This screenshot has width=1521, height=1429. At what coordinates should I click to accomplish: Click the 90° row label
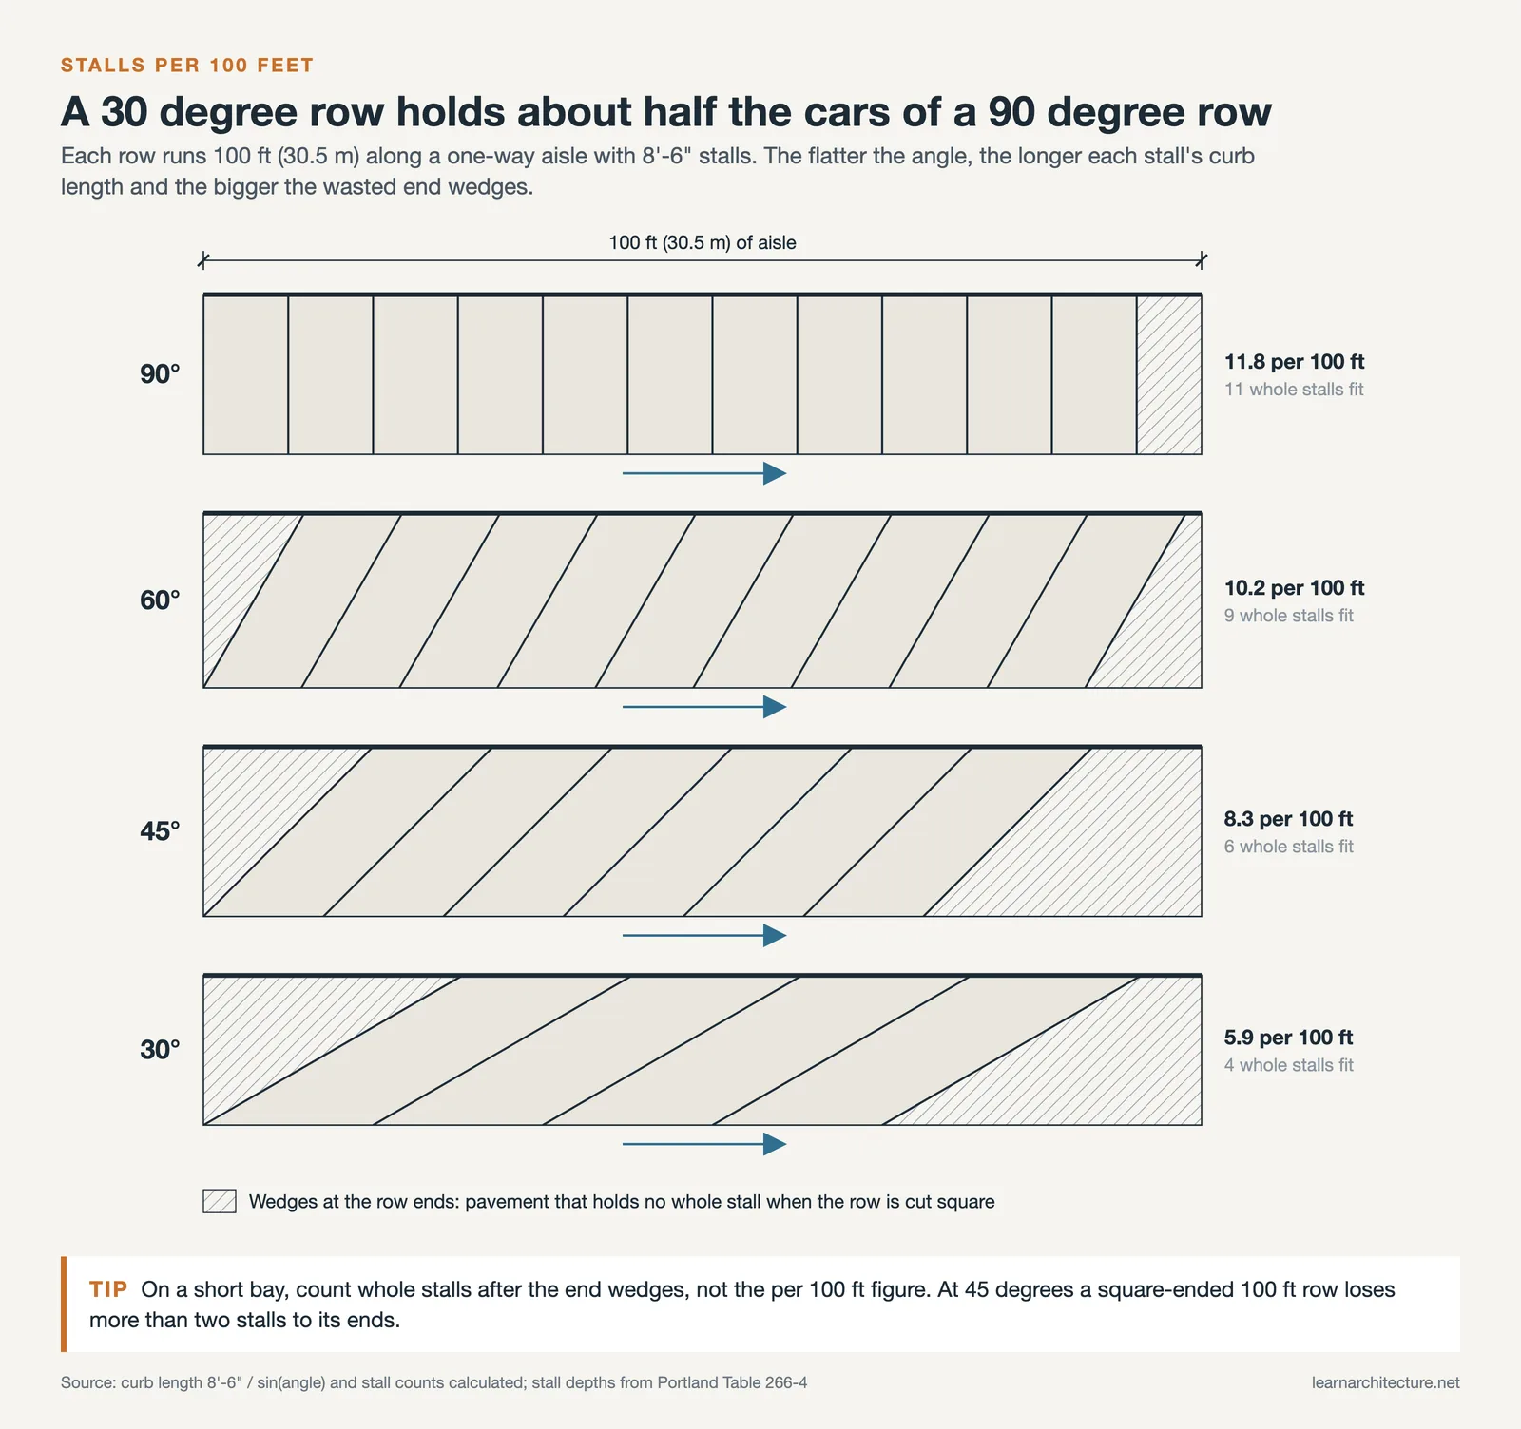pyautogui.click(x=160, y=374)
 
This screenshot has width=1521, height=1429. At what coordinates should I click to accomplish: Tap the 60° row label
pyautogui.click(x=160, y=600)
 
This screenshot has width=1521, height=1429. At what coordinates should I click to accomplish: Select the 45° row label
pyautogui.click(x=160, y=831)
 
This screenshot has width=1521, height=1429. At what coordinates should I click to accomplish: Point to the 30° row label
pyautogui.click(x=160, y=1050)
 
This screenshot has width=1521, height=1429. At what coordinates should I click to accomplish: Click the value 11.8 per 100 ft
pyautogui.click(x=1294, y=362)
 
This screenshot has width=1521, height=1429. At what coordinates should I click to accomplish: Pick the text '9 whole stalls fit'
pyautogui.click(x=1288, y=616)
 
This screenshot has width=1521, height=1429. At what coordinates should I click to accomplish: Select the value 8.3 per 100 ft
pyautogui.click(x=1288, y=819)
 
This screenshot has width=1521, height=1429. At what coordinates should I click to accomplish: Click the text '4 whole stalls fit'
pyautogui.click(x=1288, y=1065)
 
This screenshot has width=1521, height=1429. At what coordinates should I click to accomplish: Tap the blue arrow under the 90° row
pyautogui.click(x=704, y=473)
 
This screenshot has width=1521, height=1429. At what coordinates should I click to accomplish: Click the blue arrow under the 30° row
pyautogui.click(x=704, y=1144)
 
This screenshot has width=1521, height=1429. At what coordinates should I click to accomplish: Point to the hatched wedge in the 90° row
pyautogui.click(x=1168, y=375)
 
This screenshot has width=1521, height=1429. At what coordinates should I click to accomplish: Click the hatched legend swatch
pyautogui.click(x=220, y=1201)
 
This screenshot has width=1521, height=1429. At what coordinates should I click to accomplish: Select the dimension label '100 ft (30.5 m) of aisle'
pyautogui.click(x=703, y=242)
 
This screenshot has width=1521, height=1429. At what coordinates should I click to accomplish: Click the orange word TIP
pyautogui.click(x=108, y=1289)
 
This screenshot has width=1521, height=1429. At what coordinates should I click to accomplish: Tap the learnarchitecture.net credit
pyautogui.click(x=1385, y=1382)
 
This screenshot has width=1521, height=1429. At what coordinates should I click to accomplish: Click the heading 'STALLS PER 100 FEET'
pyautogui.click(x=187, y=66)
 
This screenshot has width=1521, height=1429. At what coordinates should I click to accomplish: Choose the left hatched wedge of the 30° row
pyautogui.click(x=285, y=1026)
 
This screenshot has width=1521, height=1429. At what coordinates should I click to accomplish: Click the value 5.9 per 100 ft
pyautogui.click(x=1288, y=1038)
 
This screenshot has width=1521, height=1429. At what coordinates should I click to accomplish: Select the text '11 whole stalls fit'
pyautogui.click(x=1294, y=390)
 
